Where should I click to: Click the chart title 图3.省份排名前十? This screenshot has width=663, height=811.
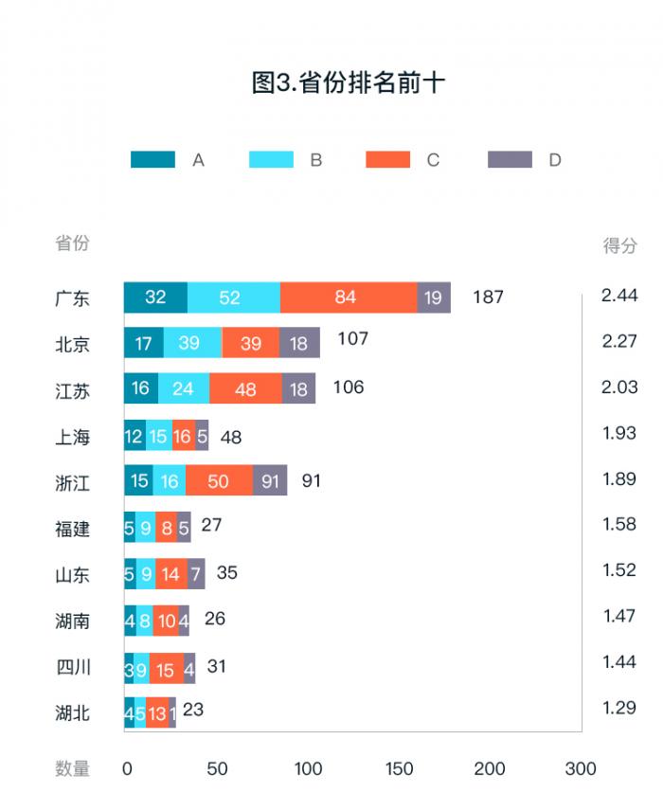click(x=349, y=83)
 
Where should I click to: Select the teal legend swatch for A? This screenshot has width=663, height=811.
click(x=152, y=160)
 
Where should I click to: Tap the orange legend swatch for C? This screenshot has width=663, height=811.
click(x=388, y=160)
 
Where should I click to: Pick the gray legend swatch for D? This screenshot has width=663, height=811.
click(x=510, y=160)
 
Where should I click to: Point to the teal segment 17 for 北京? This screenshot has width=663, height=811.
click(x=144, y=343)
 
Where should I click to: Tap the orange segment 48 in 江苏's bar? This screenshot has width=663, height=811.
click(x=245, y=388)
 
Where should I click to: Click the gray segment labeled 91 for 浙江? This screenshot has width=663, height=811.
click(x=271, y=481)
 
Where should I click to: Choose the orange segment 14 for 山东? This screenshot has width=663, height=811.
click(x=170, y=573)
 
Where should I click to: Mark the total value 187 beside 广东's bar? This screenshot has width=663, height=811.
click(x=488, y=297)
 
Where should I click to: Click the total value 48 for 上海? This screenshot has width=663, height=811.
click(x=231, y=437)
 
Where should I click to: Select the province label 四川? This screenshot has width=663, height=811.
click(x=73, y=667)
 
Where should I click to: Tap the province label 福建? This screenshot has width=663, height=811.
click(x=73, y=529)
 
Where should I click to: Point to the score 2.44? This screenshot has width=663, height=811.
click(x=619, y=295)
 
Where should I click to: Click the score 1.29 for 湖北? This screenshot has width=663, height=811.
click(x=619, y=706)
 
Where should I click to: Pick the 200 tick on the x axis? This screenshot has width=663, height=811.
click(x=490, y=768)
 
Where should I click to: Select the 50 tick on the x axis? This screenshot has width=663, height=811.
click(x=217, y=768)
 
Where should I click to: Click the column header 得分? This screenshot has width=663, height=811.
click(x=620, y=245)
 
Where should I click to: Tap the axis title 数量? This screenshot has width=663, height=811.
click(x=73, y=768)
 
